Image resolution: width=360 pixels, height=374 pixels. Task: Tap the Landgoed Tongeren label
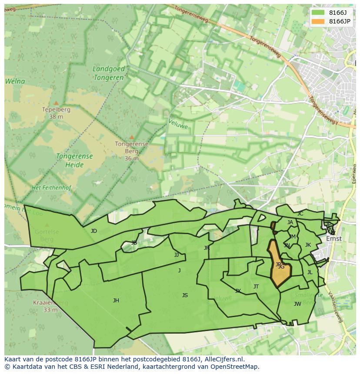(x=109, y=73)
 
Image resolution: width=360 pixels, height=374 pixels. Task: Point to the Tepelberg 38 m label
(x=56, y=113)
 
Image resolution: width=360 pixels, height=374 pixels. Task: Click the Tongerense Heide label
(x=74, y=160)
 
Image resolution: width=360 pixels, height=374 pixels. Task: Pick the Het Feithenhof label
(x=51, y=188)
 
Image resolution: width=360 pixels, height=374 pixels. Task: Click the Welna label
(x=15, y=81)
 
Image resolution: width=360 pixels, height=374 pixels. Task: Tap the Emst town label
(x=334, y=238)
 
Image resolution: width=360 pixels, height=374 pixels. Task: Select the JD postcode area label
(x=94, y=231)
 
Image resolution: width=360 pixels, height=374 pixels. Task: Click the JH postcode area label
(x=116, y=300)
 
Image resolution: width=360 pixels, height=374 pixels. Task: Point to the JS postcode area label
(x=185, y=295)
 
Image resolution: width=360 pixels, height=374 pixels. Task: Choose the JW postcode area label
(x=297, y=304)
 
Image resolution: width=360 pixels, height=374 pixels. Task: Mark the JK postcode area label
(x=308, y=245)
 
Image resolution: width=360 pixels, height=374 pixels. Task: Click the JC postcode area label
(x=300, y=214)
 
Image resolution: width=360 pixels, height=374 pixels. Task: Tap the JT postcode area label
(x=256, y=287)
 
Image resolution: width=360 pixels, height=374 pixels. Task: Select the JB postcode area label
(x=134, y=243)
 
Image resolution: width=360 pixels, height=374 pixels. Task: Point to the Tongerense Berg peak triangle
(x=132, y=137)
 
